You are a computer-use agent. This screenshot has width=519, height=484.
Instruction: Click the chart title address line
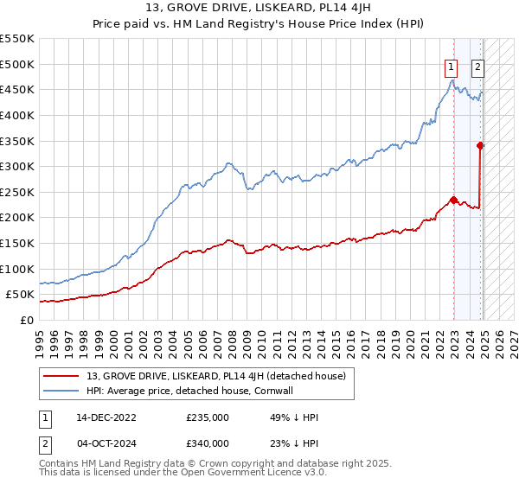[x=259, y=10]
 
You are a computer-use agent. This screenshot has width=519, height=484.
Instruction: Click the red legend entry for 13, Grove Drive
[x=215, y=376]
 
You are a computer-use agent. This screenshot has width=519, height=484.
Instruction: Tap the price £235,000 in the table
[x=207, y=417]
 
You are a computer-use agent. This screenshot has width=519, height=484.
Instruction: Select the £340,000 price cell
[x=207, y=443]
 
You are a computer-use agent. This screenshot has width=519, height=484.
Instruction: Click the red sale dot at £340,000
[x=480, y=145]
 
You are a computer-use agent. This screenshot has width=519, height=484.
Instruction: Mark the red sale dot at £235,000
[x=453, y=199]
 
